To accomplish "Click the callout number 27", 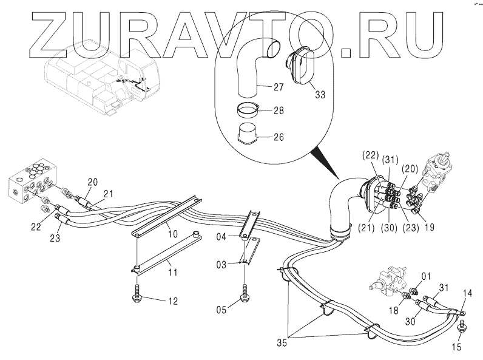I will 278,87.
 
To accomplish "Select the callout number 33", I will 319,95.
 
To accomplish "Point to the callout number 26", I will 278,137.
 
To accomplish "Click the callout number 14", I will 467,292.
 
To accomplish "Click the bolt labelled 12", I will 138,296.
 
